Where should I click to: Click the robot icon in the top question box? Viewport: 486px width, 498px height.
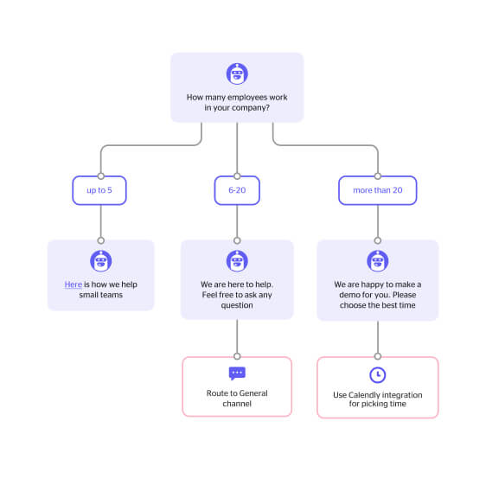[237, 73]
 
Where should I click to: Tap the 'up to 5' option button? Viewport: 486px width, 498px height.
[99, 190]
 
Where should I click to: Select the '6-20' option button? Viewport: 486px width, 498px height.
[237, 190]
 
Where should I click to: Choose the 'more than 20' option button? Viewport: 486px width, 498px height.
[378, 190]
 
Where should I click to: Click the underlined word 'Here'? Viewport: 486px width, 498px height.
[73, 284]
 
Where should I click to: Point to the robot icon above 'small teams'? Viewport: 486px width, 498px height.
[101, 261]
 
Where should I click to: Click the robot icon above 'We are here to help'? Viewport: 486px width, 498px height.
[237, 261]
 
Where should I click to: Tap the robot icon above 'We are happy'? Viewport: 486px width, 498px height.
[378, 261]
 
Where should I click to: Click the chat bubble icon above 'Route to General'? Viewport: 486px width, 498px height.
[237, 373]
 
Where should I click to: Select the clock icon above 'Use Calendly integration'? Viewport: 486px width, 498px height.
[378, 374]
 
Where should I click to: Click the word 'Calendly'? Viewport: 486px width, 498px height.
[364, 395]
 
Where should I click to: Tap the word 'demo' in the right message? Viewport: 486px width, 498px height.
[349, 295]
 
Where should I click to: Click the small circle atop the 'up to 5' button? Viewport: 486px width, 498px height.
[101, 176]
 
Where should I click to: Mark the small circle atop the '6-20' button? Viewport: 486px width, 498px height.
[237, 176]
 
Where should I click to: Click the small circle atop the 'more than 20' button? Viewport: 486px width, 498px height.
[378, 176]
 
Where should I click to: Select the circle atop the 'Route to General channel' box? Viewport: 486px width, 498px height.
[237, 356]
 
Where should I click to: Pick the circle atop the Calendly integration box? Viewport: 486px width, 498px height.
[378, 356]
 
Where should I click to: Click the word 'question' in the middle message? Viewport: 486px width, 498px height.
[237, 305]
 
